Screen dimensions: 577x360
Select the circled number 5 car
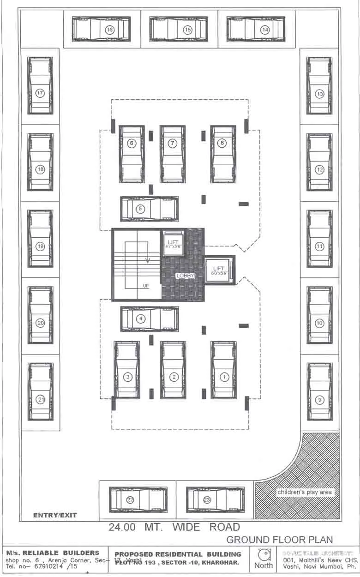pyautogui.click(x=149, y=209)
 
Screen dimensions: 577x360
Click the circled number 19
pyautogui.click(x=40, y=246)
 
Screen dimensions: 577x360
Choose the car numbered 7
pyautogui.click(x=172, y=153)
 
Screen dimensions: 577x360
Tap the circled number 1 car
pyautogui.click(x=224, y=369)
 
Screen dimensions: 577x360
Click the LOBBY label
pyautogui.click(x=185, y=276)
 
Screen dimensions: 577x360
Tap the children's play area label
pyautogui.click(x=304, y=492)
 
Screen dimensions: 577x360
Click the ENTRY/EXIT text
pyautogui.click(x=55, y=515)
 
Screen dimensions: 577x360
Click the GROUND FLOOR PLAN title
pyautogui.click(x=279, y=539)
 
